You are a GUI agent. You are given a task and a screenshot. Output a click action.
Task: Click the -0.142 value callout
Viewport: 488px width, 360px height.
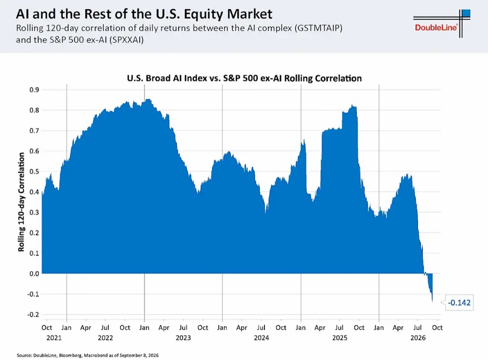pos(459,303)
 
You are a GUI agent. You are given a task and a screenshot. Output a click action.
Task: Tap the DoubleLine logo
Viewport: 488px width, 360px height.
pos(442,24)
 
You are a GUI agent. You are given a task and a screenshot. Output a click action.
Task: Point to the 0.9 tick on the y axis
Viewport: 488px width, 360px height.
pos(34,90)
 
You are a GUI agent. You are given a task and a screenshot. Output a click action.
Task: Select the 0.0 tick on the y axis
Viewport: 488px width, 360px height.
pos(34,274)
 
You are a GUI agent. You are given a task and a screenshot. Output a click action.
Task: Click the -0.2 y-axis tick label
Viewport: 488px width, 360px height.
pos(33,315)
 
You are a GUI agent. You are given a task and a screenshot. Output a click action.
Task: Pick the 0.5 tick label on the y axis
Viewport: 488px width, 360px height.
pos(34,172)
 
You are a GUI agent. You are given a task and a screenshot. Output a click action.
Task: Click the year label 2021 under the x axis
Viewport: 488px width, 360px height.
pos(54,338)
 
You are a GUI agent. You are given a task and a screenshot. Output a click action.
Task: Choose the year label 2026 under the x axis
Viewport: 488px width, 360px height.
pos(418,338)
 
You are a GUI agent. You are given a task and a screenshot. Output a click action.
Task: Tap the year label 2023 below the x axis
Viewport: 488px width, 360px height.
pos(183,338)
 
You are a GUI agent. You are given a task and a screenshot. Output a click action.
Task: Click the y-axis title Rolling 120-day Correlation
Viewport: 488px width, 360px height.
pos(21,202)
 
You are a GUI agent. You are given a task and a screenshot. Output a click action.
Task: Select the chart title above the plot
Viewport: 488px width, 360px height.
pos(244,78)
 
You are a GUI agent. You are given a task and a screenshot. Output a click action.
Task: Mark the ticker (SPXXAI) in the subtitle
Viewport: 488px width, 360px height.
pos(126,40)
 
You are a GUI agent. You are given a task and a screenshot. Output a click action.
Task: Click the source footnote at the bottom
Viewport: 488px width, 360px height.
pos(88,355)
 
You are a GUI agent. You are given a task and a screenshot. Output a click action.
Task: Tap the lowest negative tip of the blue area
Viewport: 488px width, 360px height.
pos(432,301)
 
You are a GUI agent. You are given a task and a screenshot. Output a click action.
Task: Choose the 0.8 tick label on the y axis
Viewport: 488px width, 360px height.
pos(34,110)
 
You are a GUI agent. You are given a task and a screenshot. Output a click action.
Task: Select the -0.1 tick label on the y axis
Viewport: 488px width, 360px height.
pos(33,294)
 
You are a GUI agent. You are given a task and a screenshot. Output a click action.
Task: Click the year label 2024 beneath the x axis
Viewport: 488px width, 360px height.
pos(262,338)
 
